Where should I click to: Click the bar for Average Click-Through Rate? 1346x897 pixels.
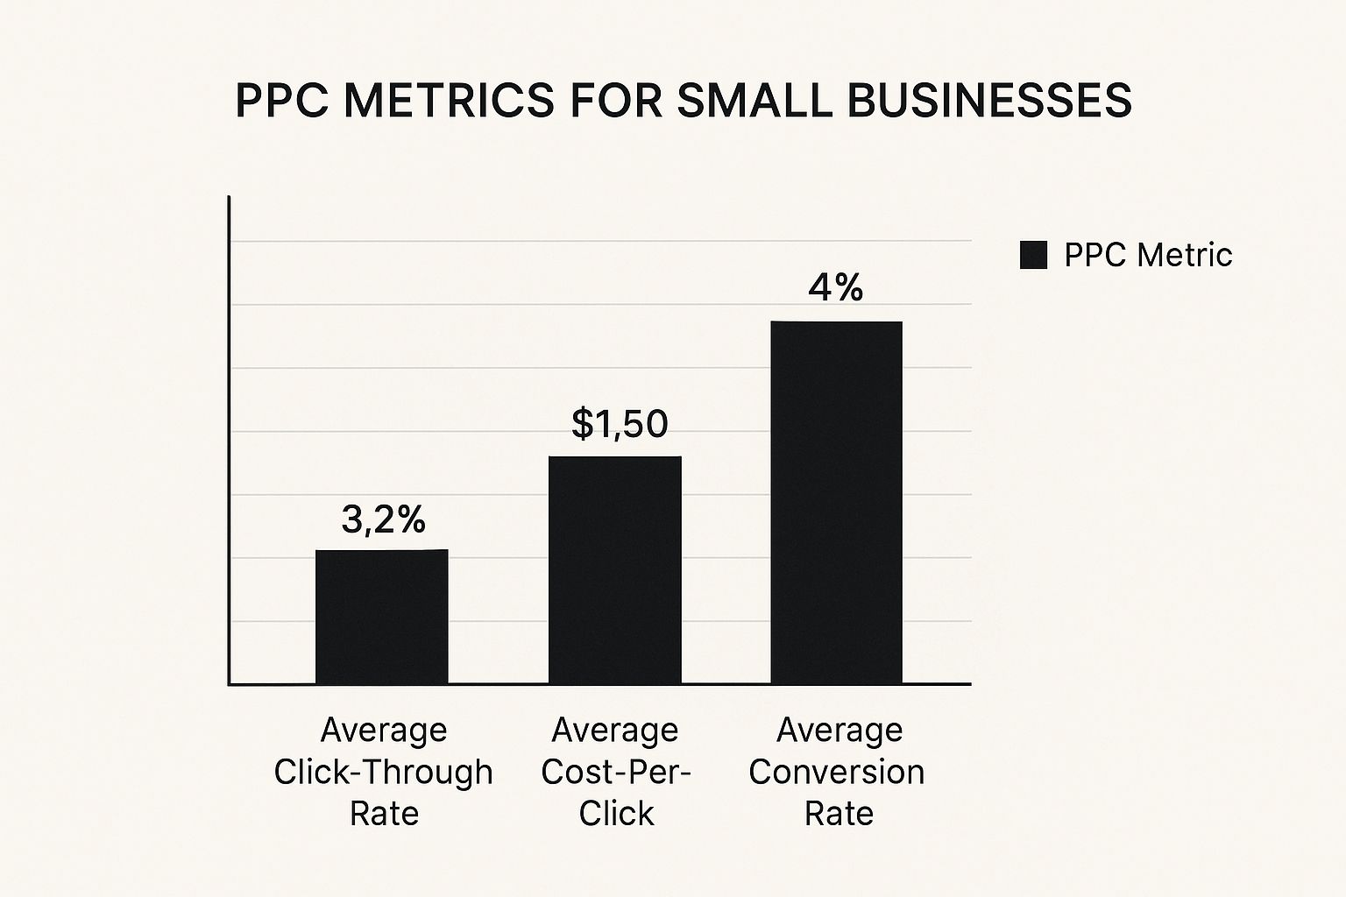click(x=381, y=617)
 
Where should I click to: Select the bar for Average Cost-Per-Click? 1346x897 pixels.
click(x=614, y=569)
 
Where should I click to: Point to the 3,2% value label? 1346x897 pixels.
click(x=383, y=520)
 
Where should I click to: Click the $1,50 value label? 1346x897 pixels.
click(x=620, y=424)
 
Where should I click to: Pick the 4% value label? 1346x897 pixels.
click(x=835, y=288)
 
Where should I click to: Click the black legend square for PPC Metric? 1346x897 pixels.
click(x=1033, y=255)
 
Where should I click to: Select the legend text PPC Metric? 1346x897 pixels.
click(x=1148, y=255)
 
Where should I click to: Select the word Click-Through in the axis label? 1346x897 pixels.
click(x=383, y=772)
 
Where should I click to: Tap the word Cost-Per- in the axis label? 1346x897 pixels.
click(x=616, y=772)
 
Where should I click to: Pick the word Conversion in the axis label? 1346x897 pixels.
click(x=837, y=772)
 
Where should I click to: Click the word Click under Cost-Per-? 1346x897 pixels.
click(x=616, y=814)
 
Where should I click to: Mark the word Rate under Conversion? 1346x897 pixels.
click(x=839, y=814)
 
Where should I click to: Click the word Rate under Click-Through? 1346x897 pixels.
click(x=384, y=814)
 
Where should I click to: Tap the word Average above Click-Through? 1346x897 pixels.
click(x=384, y=730)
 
